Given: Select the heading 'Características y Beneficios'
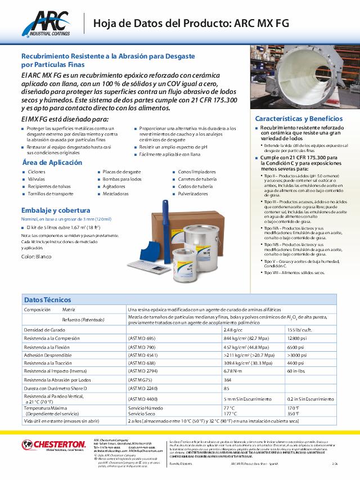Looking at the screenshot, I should click(x=299, y=119).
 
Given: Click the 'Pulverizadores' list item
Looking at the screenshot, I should click(x=193, y=194).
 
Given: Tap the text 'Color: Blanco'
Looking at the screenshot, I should click(x=37, y=257).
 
